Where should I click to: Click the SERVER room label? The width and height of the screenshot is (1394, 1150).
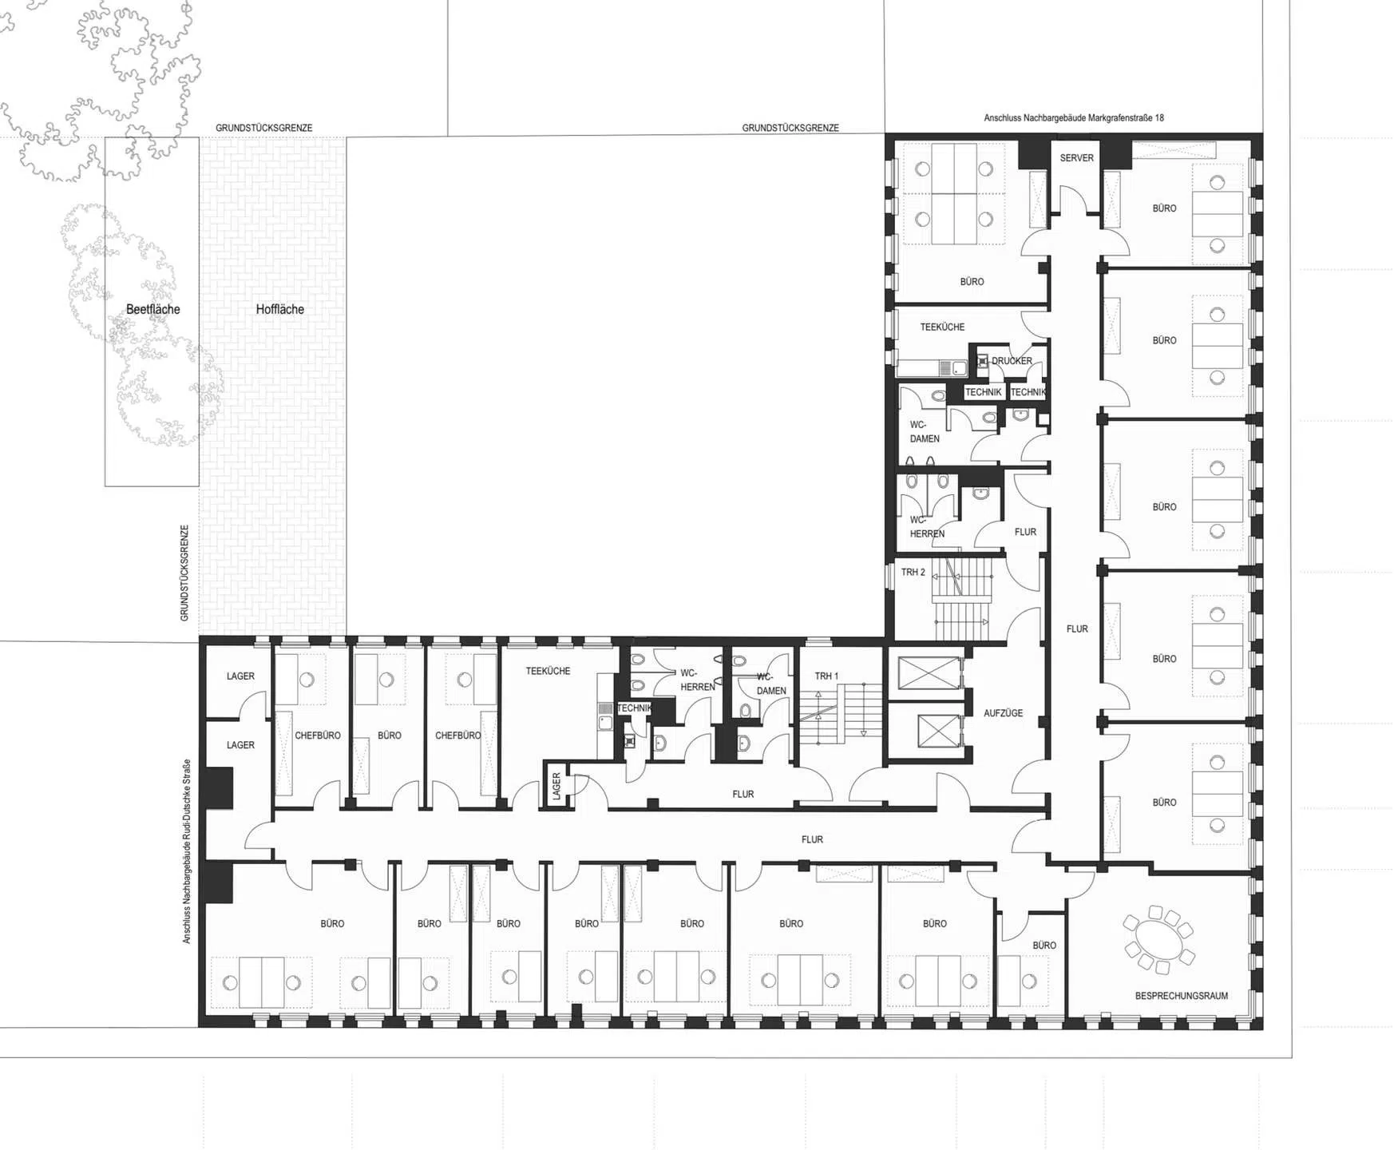(x=1076, y=158)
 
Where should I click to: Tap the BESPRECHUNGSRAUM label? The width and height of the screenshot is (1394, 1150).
(x=1182, y=996)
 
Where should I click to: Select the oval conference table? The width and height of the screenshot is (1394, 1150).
(x=1158, y=940)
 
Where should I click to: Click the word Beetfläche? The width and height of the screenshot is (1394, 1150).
(x=153, y=309)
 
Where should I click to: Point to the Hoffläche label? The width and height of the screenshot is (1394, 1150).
(x=279, y=309)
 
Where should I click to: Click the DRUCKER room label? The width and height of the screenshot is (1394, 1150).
(x=1012, y=361)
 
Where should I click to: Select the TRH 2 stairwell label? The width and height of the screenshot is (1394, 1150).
(x=913, y=572)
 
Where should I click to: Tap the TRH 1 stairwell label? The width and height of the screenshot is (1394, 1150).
(x=826, y=676)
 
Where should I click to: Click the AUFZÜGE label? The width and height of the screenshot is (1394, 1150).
(x=1003, y=713)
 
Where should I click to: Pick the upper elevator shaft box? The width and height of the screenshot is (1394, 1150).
(x=929, y=673)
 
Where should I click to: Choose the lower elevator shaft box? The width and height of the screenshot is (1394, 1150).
(x=940, y=731)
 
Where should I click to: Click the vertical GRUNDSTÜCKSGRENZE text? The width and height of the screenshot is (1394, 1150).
(x=184, y=573)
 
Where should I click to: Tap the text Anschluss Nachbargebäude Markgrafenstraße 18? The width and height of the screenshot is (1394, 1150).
(x=1073, y=118)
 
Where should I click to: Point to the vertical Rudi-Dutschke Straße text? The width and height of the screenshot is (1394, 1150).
(x=187, y=851)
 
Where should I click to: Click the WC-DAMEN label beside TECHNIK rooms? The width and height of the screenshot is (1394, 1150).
(x=925, y=431)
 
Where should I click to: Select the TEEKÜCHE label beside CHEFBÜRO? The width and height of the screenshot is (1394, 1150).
(x=548, y=671)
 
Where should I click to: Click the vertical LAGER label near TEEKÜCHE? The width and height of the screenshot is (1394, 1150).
(x=556, y=787)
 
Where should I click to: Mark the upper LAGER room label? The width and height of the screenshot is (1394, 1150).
(x=240, y=676)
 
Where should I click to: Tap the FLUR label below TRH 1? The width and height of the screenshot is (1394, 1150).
(x=743, y=795)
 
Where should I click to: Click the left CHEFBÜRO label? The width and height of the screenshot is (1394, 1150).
(x=318, y=736)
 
